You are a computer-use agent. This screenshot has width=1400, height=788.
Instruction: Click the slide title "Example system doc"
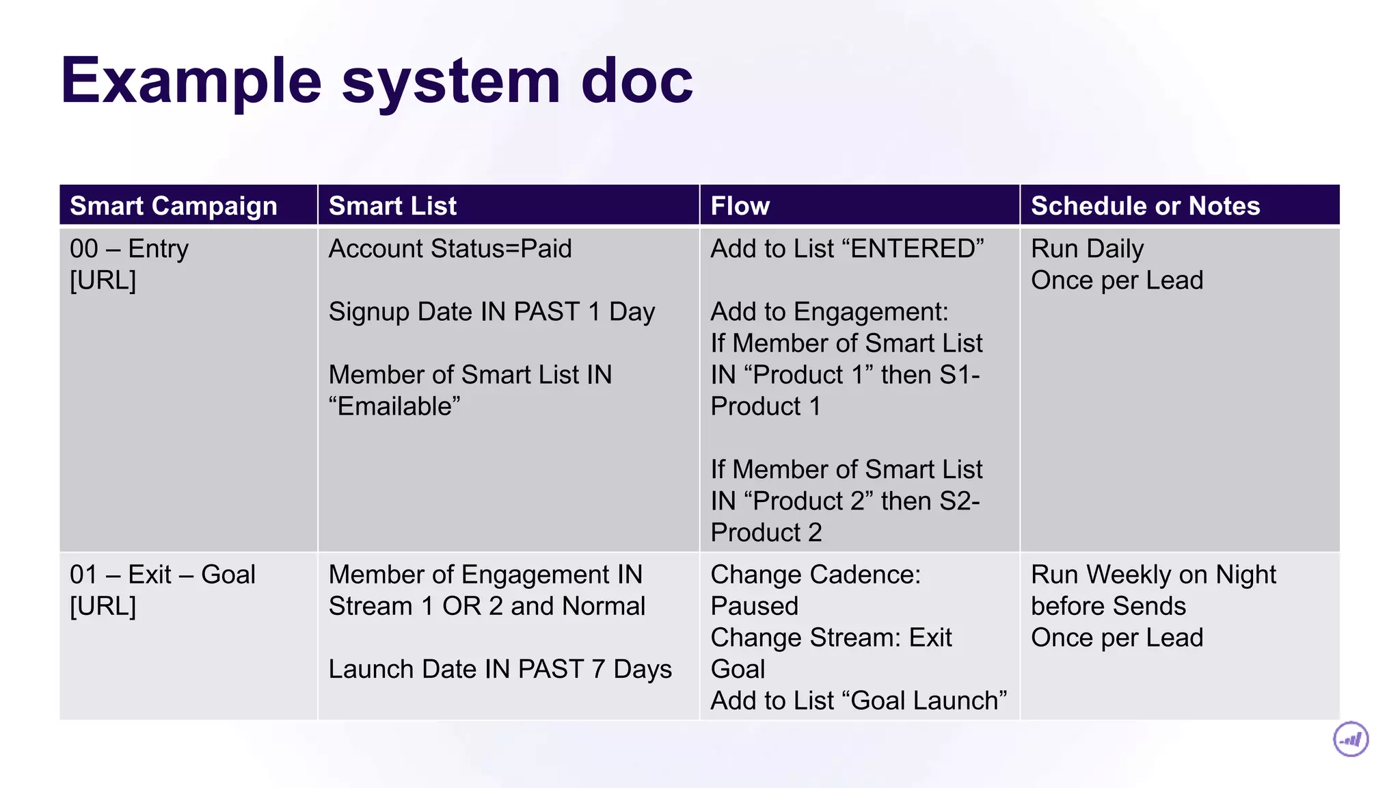(377, 81)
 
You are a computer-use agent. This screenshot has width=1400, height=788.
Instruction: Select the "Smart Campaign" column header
(174, 206)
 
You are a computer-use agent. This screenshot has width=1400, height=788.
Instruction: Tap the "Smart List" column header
(392, 206)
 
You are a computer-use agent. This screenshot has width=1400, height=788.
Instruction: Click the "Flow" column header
(740, 206)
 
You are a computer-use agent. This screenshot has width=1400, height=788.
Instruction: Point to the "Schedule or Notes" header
(1145, 206)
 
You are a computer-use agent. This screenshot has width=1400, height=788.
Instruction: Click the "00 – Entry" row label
(129, 249)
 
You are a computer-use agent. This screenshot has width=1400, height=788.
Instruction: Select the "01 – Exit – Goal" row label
(163, 575)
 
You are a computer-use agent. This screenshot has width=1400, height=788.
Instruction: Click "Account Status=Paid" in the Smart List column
(450, 249)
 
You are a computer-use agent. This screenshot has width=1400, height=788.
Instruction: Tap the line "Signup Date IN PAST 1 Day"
(492, 312)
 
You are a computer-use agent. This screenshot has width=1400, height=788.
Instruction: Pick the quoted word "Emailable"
(394, 406)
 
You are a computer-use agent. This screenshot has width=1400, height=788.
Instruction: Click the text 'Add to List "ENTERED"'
(847, 249)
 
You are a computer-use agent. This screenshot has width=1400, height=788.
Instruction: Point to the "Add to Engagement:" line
(829, 312)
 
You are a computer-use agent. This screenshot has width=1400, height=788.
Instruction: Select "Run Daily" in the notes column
(1087, 249)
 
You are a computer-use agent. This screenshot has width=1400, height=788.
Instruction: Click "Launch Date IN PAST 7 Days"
(500, 669)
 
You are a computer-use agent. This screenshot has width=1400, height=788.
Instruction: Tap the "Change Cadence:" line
(816, 575)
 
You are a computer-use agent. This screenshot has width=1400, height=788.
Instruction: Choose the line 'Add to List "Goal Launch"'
(859, 700)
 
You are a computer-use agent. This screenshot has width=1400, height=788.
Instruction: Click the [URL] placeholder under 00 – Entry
(103, 280)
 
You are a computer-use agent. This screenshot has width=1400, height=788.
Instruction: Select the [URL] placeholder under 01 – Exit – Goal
(103, 606)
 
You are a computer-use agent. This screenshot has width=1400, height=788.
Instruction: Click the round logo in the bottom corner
(1351, 739)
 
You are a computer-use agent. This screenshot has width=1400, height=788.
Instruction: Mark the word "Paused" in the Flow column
(754, 606)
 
